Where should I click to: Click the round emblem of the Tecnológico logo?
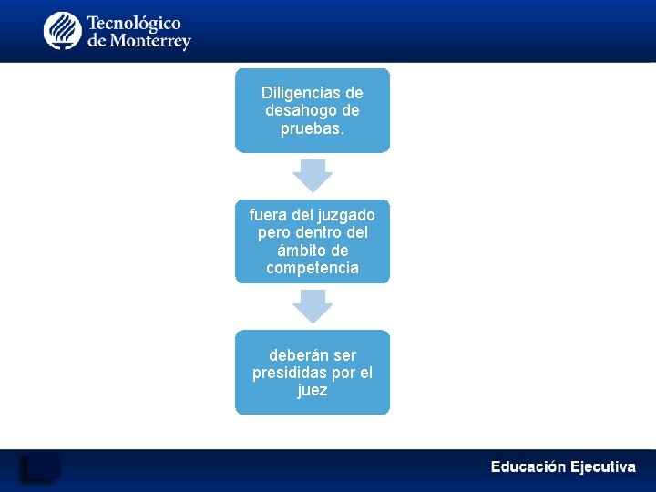(63, 31)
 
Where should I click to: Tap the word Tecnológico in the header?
(133, 23)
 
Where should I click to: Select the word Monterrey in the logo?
(150, 42)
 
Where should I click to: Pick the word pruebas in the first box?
(311, 128)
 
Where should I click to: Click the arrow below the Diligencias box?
(313, 175)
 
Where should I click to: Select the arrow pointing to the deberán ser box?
(313, 306)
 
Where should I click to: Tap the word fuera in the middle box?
(268, 215)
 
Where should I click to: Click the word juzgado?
(346, 215)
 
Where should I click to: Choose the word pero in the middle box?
(274, 232)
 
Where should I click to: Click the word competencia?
(313, 268)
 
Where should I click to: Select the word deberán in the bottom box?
(296, 355)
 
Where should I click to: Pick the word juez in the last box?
(313, 391)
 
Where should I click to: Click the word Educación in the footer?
(528, 467)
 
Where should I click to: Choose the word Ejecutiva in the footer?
(602, 467)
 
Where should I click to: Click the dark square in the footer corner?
(40, 466)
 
